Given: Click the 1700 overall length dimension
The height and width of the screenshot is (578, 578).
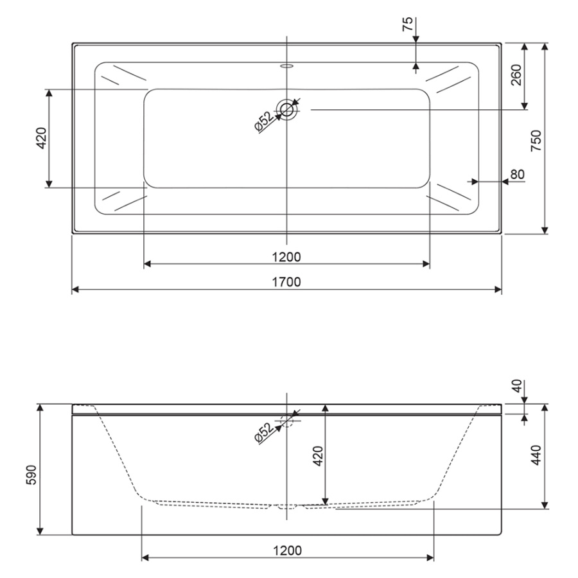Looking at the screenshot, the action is click(x=286, y=282).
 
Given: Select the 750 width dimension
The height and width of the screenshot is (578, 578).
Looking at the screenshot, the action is click(x=536, y=141).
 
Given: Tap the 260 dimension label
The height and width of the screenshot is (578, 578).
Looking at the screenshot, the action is click(x=516, y=75).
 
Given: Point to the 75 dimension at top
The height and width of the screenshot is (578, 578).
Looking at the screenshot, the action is click(x=408, y=24).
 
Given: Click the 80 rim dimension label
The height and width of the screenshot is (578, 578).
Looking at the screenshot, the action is click(x=518, y=174).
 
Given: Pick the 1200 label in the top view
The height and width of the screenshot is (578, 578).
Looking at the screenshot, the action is click(x=286, y=257).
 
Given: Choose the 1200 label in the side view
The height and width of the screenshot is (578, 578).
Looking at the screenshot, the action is click(x=288, y=551).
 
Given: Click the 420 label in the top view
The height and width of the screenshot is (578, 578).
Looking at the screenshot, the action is click(x=41, y=138).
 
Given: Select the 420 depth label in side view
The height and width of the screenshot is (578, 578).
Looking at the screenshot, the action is click(x=318, y=456).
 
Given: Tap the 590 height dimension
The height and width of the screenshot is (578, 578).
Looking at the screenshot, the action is click(x=31, y=475).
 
